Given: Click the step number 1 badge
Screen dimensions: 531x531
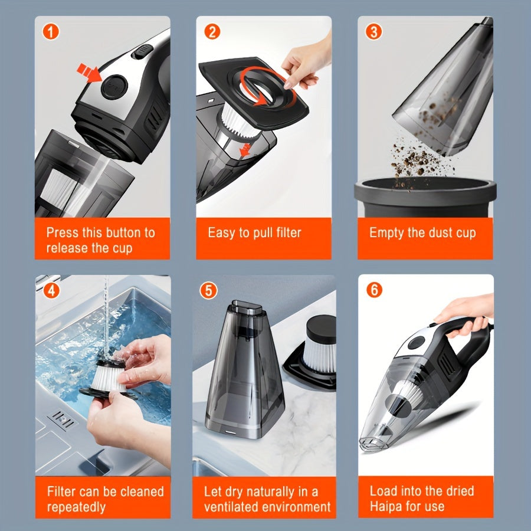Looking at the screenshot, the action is (x=51, y=32).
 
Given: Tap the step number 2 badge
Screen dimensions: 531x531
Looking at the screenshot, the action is (x=212, y=32).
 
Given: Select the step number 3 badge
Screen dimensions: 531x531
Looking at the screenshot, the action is (x=374, y=32).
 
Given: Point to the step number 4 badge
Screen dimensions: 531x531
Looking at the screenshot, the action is (x=51, y=290).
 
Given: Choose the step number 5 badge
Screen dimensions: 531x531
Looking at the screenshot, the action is (x=208, y=290).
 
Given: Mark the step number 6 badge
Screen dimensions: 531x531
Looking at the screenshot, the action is (x=374, y=290).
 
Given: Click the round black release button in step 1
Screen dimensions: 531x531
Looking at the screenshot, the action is (x=114, y=87).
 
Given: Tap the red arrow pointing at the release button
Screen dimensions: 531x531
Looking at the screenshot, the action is (x=88, y=73).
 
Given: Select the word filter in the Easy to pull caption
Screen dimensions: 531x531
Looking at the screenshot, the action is (x=289, y=232).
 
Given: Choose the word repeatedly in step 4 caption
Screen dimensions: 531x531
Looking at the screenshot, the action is (x=76, y=507).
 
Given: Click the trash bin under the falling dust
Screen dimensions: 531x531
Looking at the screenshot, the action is (x=425, y=196).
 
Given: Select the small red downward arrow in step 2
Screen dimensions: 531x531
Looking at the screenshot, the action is (x=245, y=150).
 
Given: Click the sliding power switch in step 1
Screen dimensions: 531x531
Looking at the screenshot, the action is (x=142, y=51).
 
